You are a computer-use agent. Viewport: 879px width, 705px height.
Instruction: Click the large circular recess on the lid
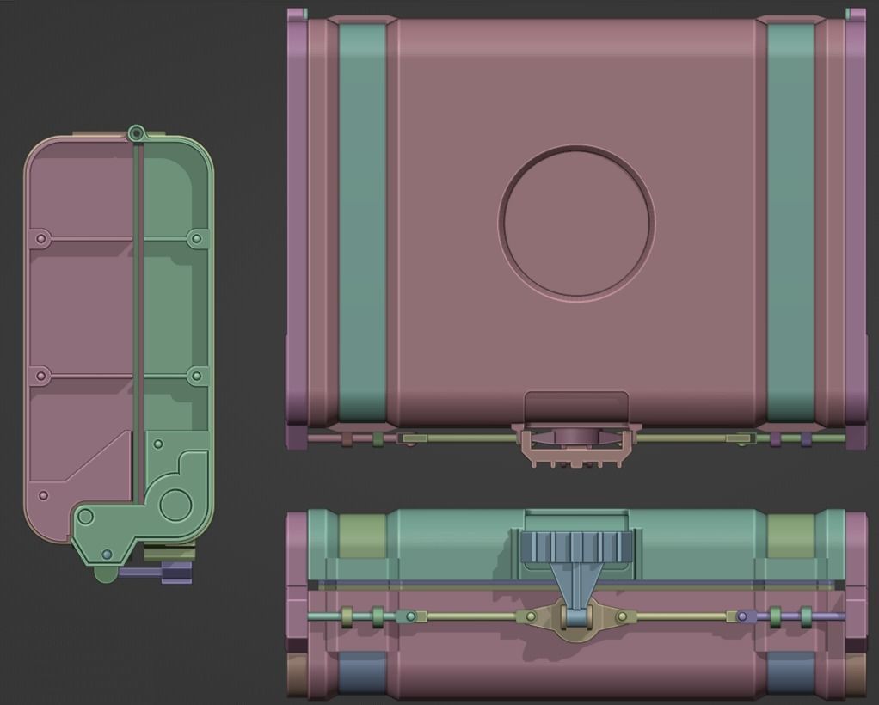click(576, 222)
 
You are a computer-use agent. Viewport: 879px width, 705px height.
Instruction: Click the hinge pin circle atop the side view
click(135, 133)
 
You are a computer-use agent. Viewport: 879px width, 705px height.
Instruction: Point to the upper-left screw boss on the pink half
click(40, 236)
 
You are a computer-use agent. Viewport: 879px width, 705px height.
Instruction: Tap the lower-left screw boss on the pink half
click(40, 376)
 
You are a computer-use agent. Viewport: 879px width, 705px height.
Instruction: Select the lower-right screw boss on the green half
click(196, 376)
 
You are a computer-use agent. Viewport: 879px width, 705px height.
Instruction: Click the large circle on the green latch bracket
click(175, 503)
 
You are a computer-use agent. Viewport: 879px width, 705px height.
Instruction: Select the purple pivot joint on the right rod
click(747, 616)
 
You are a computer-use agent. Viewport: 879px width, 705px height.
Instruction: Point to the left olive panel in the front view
click(361, 535)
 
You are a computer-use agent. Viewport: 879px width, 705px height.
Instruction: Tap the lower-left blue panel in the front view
click(361, 672)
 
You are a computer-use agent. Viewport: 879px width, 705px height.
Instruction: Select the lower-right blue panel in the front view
click(790, 672)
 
